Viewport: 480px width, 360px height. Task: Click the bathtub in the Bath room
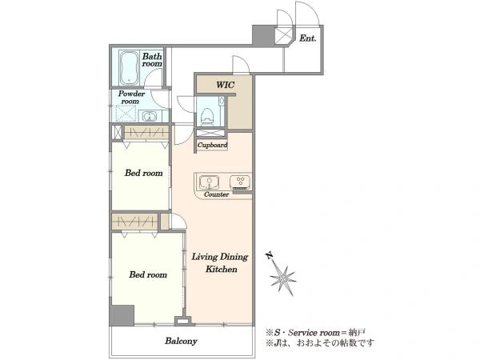pyautogui.click(x=129, y=68)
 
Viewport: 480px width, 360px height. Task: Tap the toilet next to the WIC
pyautogui.click(x=207, y=116)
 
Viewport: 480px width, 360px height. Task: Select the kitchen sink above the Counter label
pyautogui.click(x=210, y=182)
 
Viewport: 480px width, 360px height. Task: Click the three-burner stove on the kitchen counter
pyautogui.click(x=240, y=182)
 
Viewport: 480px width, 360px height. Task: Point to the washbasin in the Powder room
pyautogui.click(x=149, y=116)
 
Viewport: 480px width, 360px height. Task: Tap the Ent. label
pyautogui.click(x=308, y=38)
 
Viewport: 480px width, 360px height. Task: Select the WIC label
pyautogui.click(x=226, y=85)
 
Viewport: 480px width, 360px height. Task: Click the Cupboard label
pyautogui.click(x=212, y=145)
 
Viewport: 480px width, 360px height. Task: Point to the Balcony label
pyautogui.click(x=182, y=341)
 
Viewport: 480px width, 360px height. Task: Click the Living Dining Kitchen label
pyautogui.click(x=221, y=262)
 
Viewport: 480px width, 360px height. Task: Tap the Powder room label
pyautogui.click(x=131, y=98)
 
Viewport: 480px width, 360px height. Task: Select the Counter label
pyautogui.click(x=216, y=194)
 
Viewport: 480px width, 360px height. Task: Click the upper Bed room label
pyautogui.click(x=143, y=173)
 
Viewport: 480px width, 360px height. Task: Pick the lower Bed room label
pyautogui.click(x=148, y=274)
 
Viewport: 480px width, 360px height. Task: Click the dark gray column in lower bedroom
pyautogui.click(x=122, y=315)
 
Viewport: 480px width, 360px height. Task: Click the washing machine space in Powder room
pyautogui.click(x=126, y=113)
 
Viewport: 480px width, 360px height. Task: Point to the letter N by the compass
pyautogui.click(x=270, y=256)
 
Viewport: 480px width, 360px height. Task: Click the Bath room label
pyautogui.click(x=152, y=60)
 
